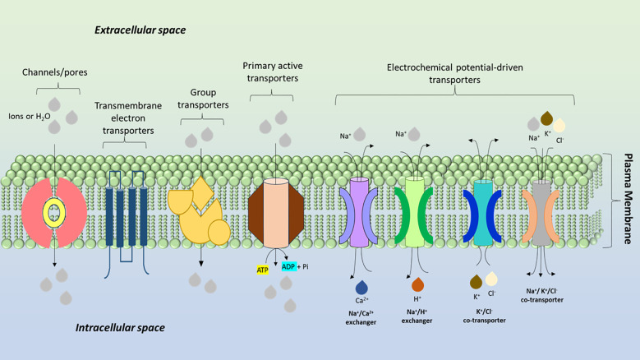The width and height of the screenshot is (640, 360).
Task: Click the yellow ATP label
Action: [x=262, y=270]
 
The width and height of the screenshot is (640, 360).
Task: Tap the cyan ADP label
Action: [x=288, y=266]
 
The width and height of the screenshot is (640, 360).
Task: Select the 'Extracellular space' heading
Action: [x=140, y=30]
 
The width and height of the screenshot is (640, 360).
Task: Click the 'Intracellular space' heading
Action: [x=120, y=327]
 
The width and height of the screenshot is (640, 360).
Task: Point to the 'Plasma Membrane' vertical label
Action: [x=628, y=199]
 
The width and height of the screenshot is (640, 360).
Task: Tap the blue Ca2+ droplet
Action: [x=361, y=287]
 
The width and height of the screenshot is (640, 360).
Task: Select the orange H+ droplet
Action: [x=417, y=284]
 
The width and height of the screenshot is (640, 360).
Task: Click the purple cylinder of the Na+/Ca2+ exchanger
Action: [x=359, y=212]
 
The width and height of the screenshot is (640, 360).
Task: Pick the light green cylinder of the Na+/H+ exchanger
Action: [x=415, y=212]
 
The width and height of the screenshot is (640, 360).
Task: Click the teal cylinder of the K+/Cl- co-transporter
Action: [x=483, y=213]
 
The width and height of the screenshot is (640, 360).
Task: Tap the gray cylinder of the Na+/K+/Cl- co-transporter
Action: [x=541, y=213]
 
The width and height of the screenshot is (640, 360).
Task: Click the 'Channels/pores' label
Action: [x=55, y=72]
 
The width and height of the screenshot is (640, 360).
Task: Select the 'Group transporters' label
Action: [x=203, y=99]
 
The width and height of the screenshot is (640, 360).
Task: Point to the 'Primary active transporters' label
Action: [x=273, y=72]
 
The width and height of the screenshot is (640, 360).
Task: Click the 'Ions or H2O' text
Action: [x=30, y=117]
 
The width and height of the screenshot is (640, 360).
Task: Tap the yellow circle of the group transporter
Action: [x=219, y=233]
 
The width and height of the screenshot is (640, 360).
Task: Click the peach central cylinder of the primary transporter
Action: [x=275, y=213]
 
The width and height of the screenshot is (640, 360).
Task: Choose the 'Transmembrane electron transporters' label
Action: [x=128, y=118]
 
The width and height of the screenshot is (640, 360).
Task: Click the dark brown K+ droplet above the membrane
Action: [x=546, y=118]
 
